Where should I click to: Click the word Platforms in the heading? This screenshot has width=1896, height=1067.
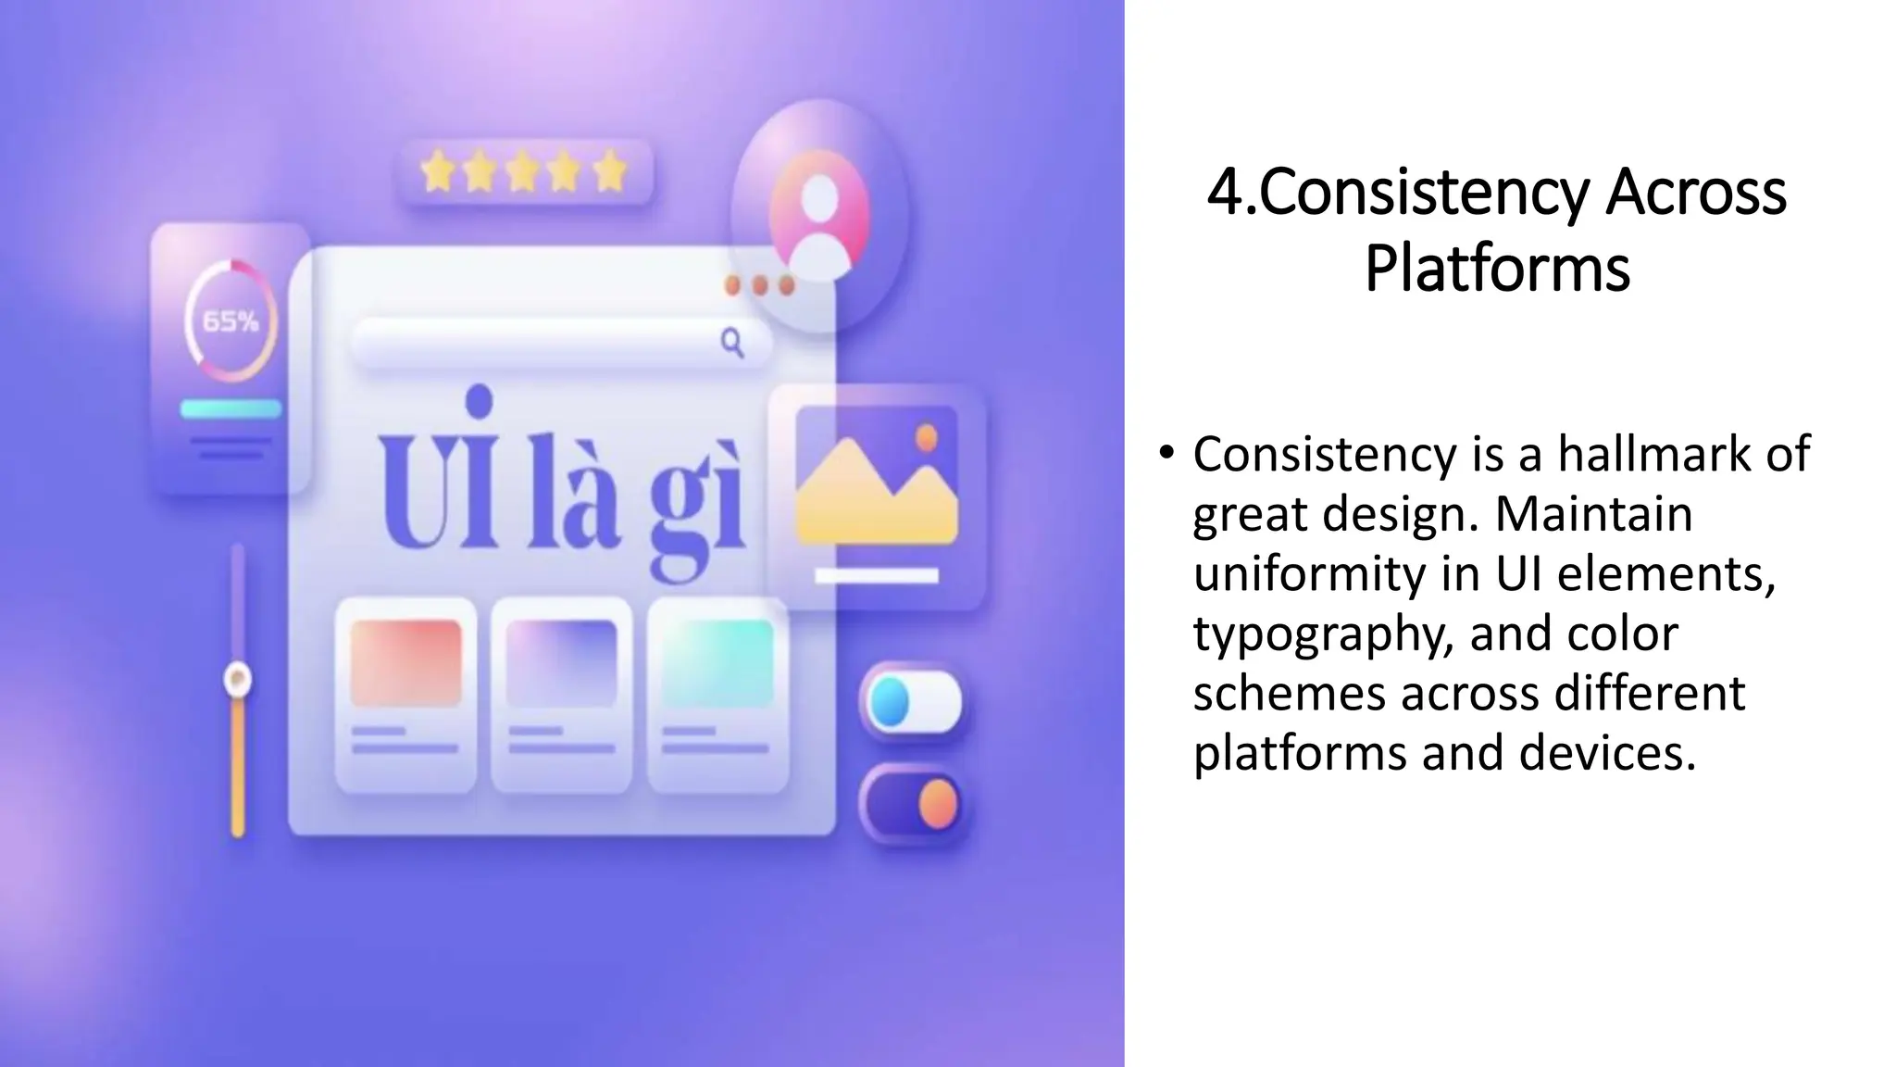pos(1497,269)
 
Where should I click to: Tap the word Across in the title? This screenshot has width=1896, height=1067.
pos(1696,193)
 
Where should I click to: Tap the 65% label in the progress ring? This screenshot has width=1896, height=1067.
pos(231,321)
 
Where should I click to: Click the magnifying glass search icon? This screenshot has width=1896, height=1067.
pos(732,343)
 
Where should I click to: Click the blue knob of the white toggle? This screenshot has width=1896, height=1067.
pos(891,702)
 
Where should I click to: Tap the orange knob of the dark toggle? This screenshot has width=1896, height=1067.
pos(937,802)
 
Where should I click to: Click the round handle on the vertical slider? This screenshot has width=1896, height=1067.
pos(238,680)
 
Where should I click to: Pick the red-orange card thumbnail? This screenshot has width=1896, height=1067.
pos(405,663)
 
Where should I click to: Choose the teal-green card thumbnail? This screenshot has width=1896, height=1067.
pos(717,663)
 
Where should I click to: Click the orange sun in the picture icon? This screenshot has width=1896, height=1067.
pos(926,437)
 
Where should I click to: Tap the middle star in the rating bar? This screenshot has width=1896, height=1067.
pos(523,173)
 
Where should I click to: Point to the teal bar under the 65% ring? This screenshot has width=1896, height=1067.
pos(231,408)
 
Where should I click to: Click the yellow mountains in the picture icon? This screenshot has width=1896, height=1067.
pos(875,500)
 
